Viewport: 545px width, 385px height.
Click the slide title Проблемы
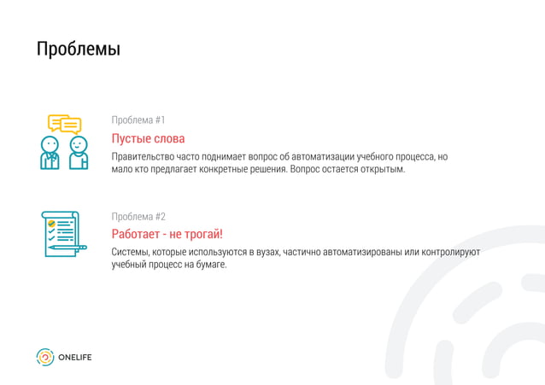pos(78,50)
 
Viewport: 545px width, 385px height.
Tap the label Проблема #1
pos(138,120)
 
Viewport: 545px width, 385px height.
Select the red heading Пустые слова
pos(148,138)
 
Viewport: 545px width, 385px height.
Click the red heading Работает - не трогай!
pos(167,234)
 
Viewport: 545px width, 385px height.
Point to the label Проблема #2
pos(138,216)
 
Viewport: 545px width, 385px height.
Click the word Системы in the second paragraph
pos(131,253)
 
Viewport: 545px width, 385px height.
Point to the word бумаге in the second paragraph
pos(208,265)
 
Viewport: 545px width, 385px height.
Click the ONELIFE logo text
pos(74,358)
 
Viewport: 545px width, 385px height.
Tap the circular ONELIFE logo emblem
pos(44,358)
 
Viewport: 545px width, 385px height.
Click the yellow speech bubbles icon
pos(64,124)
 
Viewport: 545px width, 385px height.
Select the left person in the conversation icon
pos(50,154)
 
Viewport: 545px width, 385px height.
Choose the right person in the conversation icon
pos(78,154)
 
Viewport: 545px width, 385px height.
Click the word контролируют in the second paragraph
pos(452,253)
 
